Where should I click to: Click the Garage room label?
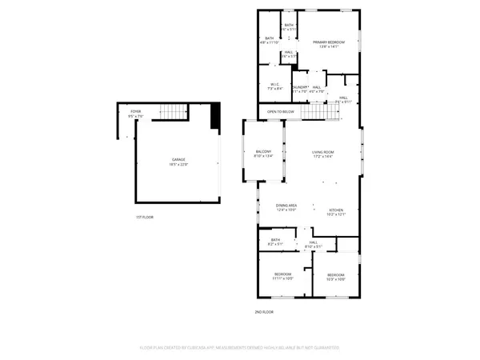[x=179, y=159]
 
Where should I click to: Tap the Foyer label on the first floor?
[x=136, y=112]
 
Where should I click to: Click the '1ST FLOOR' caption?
[x=144, y=218]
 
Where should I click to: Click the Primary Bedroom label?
[x=329, y=42]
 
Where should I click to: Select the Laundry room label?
[x=300, y=87]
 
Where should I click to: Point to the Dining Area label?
[x=286, y=206]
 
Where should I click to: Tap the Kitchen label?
[x=336, y=210]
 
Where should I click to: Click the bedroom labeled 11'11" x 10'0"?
[x=284, y=274]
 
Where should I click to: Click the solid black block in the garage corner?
[x=214, y=118]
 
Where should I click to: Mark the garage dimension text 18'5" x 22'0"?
[x=179, y=164]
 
